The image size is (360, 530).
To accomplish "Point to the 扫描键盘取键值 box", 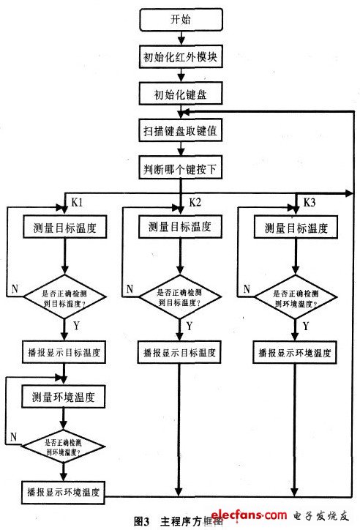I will (x=179, y=132).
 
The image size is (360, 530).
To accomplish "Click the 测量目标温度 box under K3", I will (x=295, y=228).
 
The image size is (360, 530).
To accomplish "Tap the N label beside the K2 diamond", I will (x=130, y=288).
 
